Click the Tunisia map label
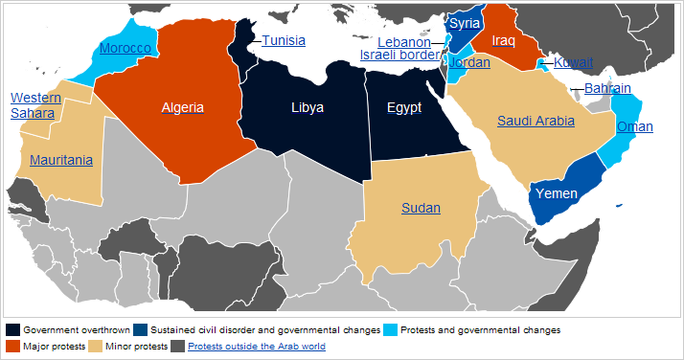284,40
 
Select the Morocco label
126,48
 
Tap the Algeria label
182,107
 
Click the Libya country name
308,107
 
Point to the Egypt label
403,107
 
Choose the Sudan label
421,207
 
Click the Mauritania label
60,160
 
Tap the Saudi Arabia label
536,121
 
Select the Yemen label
556,193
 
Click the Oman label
634,126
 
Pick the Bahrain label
607,88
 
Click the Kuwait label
574,62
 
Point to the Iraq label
503,40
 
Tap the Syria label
465,23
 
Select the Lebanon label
403,42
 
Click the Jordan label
470,63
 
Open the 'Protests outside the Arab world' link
257,346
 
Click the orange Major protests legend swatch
12,346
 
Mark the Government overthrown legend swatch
12,329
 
